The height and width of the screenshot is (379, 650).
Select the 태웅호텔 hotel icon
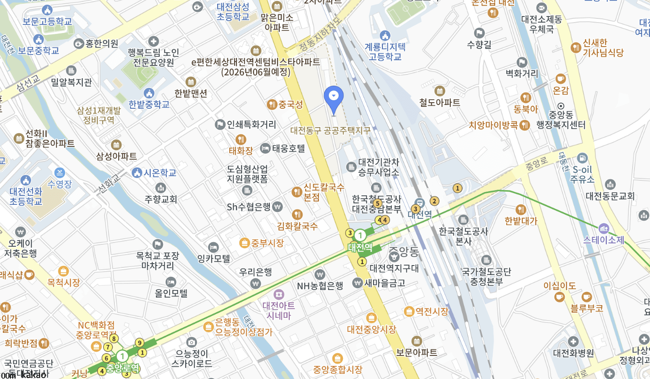click(265, 148)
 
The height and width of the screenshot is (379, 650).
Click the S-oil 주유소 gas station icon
click(583, 158)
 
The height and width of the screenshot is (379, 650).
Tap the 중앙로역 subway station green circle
click(123, 356)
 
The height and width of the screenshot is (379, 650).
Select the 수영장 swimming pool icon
click(59, 172)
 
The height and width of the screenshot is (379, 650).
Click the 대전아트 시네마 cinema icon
click(279, 294)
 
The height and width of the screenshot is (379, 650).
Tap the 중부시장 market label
click(267, 243)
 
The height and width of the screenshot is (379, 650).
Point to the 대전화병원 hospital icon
click(573, 341)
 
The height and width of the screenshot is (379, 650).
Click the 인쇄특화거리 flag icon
click(219, 125)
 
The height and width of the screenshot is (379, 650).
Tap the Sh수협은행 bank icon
click(277, 206)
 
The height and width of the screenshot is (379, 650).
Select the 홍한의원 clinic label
click(102, 43)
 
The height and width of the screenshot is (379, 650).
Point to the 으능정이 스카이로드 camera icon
click(191, 342)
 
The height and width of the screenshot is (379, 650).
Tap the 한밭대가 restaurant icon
click(521, 210)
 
